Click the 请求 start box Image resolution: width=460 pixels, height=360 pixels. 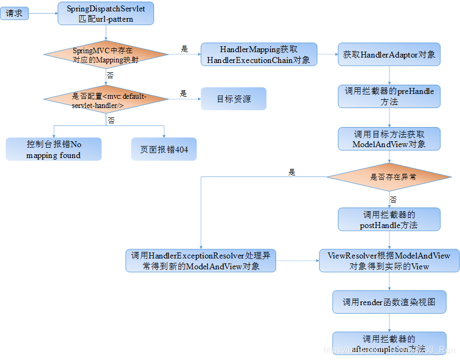15,14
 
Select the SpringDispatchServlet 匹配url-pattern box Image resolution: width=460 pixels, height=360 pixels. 106,14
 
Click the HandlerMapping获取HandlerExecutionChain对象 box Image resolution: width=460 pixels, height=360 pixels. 259,55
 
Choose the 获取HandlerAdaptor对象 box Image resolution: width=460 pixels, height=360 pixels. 389,55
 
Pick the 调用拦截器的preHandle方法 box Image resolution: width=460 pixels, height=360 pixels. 389,96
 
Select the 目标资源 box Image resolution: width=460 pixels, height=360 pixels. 234,99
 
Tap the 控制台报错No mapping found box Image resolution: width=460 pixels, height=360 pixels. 54,149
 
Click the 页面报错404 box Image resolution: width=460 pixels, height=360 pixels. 164,149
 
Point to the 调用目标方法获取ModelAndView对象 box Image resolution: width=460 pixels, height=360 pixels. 389,139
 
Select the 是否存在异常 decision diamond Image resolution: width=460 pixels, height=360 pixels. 389,177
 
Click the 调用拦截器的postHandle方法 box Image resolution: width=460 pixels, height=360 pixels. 389,219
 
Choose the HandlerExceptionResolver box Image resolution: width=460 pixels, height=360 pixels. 201,261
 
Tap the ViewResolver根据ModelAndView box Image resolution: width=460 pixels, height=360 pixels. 389,261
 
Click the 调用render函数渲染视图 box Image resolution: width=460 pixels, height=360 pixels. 389,302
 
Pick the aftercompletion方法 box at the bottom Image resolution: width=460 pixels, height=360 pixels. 389,343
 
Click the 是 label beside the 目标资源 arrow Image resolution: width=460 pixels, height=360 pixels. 183,93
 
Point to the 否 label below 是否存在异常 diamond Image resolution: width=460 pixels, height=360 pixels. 393,200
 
